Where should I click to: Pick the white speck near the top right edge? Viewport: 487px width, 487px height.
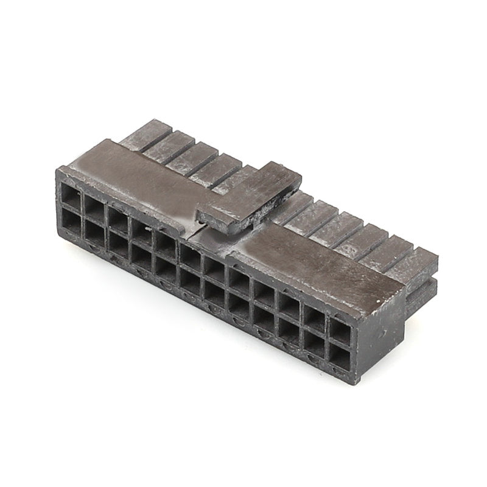(379, 300)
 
